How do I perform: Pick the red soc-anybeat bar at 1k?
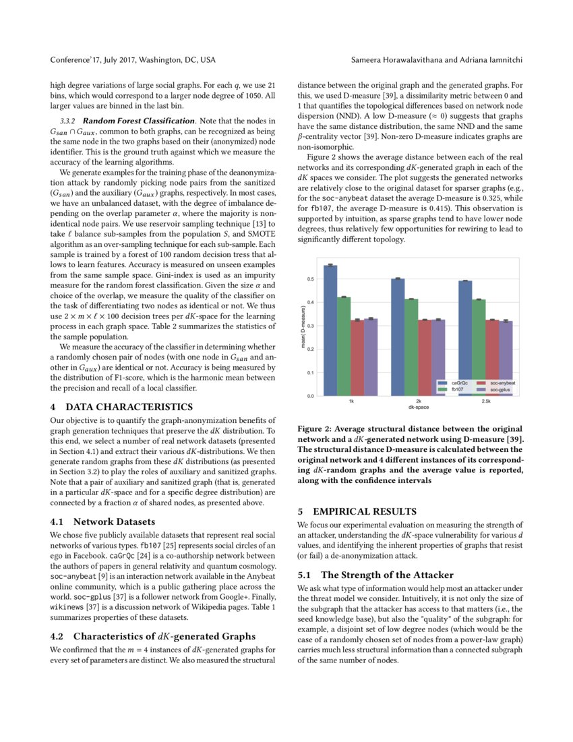pyautogui.click(x=357, y=358)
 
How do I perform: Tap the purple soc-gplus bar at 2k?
pyautogui.click(x=439, y=358)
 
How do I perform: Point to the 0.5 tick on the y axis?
pyautogui.click(x=310, y=279)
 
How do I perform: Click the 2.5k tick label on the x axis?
pyautogui.click(x=486, y=401)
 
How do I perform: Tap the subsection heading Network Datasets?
pyautogui.click(x=114, y=521)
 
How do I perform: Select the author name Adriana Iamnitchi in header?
pyautogui.click(x=485, y=60)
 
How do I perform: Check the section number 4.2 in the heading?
pyautogui.click(x=58, y=635)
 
